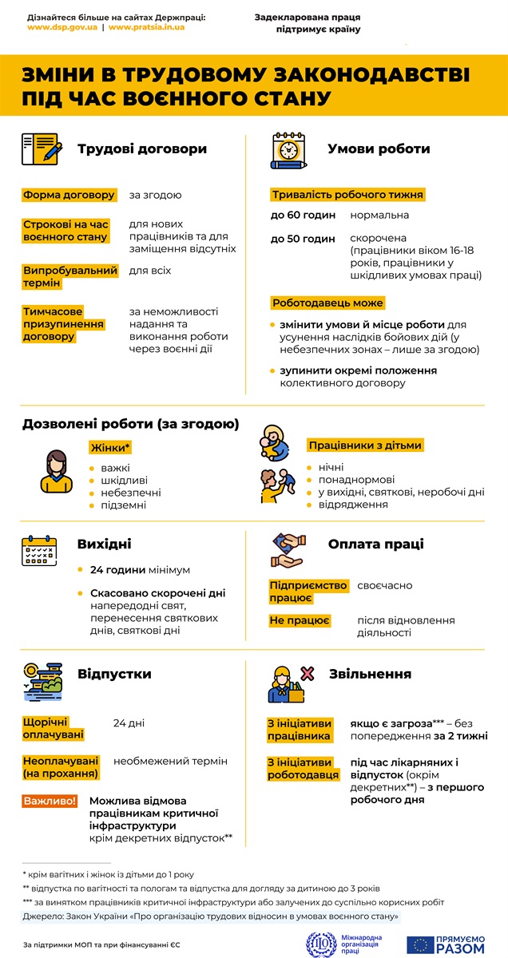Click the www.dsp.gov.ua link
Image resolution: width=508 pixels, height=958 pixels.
(x=62, y=26)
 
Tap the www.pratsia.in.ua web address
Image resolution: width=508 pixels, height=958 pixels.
(x=146, y=26)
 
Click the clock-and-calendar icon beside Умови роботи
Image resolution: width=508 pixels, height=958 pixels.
(x=289, y=149)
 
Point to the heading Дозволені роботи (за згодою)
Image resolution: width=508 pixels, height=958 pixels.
(x=130, y=424)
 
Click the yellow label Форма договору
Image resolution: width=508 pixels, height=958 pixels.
(x=69, y=195)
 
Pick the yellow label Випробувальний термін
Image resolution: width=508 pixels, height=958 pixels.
(x=70, y=276)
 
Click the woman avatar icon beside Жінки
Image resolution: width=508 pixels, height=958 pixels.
(x=56, y=471)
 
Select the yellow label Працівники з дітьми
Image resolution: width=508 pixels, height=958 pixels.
(x=365, y=445)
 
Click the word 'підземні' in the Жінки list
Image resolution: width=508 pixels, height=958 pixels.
(x=124, y=505)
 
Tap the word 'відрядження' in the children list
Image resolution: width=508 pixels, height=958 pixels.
(x=353, y=505)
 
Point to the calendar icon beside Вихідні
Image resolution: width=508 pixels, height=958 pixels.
(x=39, y=551)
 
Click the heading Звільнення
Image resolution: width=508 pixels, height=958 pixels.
(x=371, y=674)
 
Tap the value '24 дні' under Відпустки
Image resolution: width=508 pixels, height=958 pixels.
(x=129, y=723)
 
